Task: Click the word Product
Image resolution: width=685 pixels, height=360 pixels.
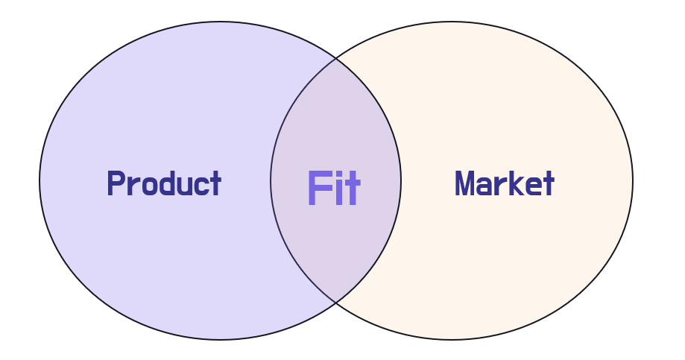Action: [164, 183]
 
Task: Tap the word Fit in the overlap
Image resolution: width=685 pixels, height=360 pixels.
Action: [333, 189]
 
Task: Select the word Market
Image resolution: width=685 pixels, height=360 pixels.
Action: [504, 183]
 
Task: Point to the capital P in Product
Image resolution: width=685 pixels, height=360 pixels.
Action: [115, 183]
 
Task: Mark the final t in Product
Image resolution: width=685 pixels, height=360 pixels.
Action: [214, 183]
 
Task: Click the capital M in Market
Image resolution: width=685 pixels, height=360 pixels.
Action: [465, 183]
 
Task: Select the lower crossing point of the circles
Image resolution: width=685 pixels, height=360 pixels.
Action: [335, 303]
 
